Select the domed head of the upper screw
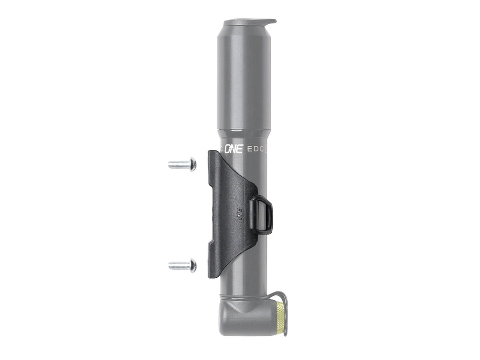(x=192, y=164)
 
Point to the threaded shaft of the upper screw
(x=178, y=165)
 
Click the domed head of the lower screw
(x=192, y=266)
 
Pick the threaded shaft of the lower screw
(x=178, y=266)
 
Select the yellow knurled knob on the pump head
(x=281, y=319)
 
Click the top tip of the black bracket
(x=211, y=153)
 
